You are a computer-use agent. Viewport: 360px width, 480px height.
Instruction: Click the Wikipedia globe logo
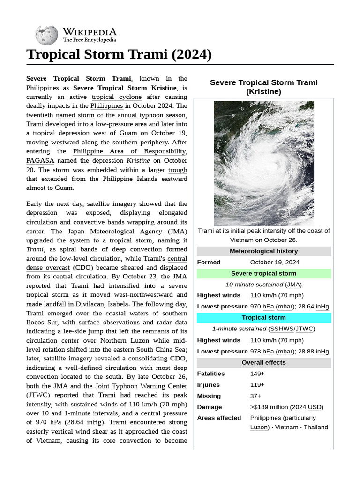pyautogui.click(x=46, y=35)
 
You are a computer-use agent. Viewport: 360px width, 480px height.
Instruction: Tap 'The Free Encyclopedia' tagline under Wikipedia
pyautogui.click(x=90, y=40)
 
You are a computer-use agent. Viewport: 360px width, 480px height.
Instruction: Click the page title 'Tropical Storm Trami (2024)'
pyautogui.click(x=119, y=54)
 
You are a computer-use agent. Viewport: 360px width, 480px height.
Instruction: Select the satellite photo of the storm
pyautogui.click(x=263, y=164)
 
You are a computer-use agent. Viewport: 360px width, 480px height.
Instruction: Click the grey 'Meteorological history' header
pyautogui.click(x=263, y=251)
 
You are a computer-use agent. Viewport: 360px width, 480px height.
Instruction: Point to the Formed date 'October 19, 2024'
pyautogui.click(x=275, y=262)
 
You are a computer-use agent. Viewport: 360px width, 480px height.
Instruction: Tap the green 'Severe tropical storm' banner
pyautogui.click(x=263, y=273)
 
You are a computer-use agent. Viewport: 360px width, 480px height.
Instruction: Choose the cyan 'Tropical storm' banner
pyautogui.click(x=263, y=318)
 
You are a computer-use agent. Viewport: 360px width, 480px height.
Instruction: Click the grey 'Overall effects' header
pyautogui.click(x=263, y=362)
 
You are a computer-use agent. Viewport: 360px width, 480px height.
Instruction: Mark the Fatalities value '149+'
pyautogui.click(x=257, y=374)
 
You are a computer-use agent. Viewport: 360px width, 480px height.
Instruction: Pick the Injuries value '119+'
pyautogui.click(x=257, y=385)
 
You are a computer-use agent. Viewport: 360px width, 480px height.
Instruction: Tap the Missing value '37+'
pyautogui.click(x=255, y=396)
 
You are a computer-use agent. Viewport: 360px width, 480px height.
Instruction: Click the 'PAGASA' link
pyautogui.click(x=37, y=160)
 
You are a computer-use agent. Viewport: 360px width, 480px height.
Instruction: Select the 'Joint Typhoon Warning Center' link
pyautogui.click(x=141, y=386)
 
